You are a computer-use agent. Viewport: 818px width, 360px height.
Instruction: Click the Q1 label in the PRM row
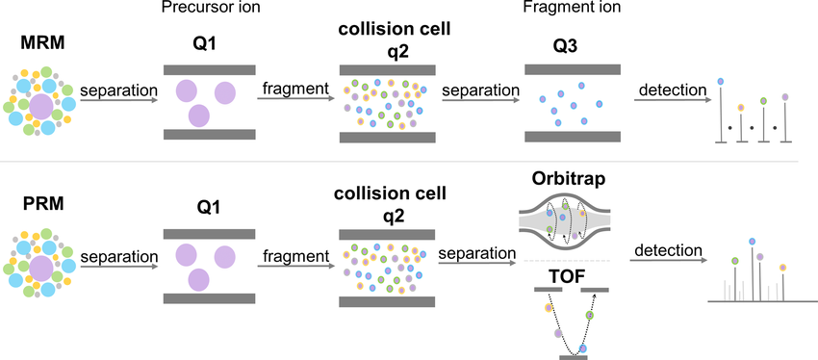(208, 205)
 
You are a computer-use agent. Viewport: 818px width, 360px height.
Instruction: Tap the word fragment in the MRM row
(292, 90)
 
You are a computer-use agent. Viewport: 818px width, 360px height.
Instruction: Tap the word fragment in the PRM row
(292, 257)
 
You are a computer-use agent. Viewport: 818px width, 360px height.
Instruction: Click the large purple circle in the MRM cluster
(40, 105)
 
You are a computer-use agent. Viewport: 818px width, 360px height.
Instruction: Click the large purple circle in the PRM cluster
(40, 266)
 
